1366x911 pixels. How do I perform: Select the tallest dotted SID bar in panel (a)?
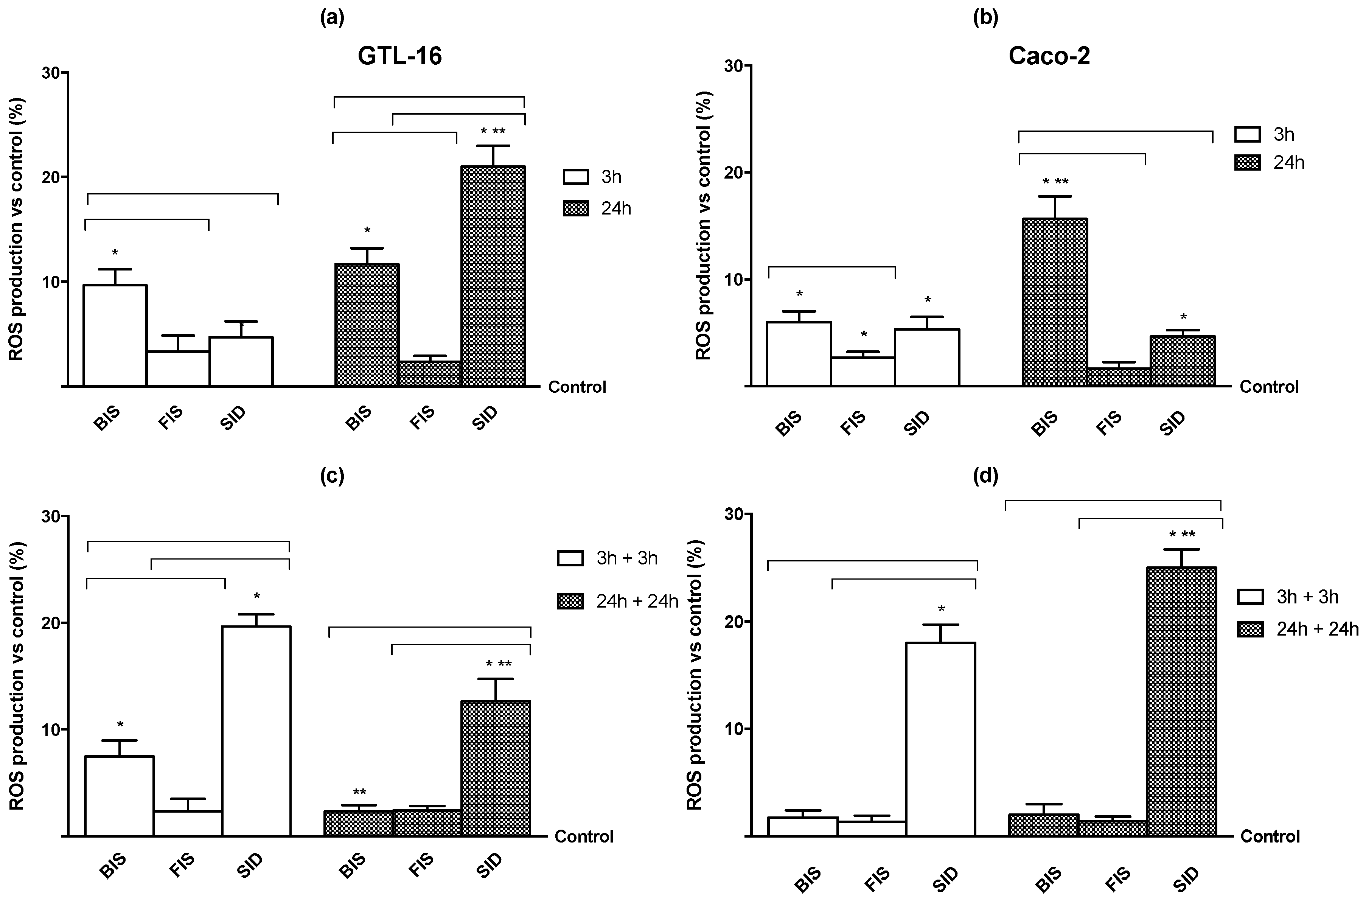point(493,276)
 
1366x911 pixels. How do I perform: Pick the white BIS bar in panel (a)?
point(115,335)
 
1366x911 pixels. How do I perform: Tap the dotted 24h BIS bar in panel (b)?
point(1054,302)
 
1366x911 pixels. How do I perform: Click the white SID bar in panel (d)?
point(940,739)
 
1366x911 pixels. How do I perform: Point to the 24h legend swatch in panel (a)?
point(575,208)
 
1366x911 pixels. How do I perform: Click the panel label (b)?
point(985,18)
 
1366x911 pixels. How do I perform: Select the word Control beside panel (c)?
point(584,836)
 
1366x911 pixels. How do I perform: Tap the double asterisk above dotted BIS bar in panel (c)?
point(359,793)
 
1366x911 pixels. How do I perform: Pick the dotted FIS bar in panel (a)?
point(430,373)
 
